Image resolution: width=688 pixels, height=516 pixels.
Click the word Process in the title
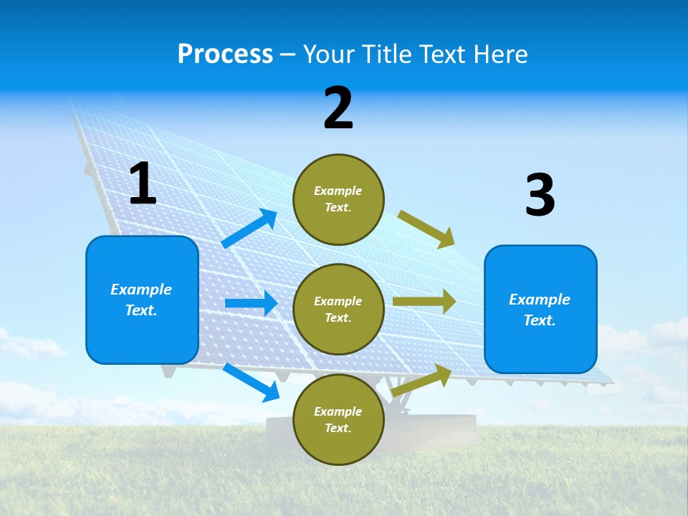225,54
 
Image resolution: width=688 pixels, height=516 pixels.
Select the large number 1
143,184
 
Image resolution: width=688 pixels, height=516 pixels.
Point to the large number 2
338,108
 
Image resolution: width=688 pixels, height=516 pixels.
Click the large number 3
540,195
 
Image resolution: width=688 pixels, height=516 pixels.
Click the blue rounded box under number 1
142,300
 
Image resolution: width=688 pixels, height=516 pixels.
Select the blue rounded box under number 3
540,310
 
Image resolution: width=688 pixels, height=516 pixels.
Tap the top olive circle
338,199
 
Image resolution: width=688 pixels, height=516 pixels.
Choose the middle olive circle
338,309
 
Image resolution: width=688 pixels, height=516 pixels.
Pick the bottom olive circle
338,419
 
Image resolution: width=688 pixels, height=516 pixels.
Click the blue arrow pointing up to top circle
250,229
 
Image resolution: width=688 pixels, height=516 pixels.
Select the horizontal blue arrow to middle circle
251,303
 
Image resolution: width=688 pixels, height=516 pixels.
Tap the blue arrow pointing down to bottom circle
252,382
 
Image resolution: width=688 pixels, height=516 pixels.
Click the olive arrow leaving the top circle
426,229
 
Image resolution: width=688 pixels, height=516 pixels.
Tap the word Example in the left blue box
141,290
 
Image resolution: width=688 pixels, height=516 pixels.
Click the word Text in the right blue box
540,320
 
